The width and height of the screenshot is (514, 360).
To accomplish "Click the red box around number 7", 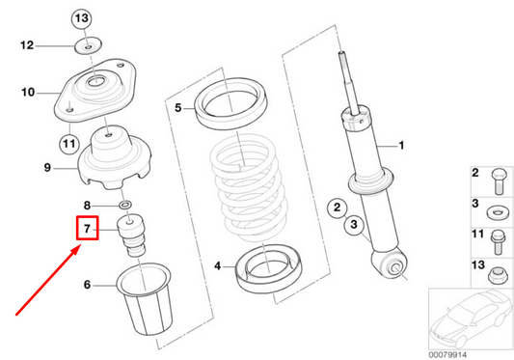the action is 86,230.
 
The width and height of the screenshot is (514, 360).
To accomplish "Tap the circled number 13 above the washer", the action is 82,19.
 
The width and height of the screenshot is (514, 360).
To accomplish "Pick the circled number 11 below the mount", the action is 68,145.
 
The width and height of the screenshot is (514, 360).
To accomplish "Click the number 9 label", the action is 46,168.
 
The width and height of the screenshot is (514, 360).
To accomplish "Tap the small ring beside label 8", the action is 125,206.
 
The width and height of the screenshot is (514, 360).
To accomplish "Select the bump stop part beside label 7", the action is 129,237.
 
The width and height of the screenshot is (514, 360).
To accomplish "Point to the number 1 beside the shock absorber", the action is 403,147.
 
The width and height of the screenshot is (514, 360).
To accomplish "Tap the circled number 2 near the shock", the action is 337,207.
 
